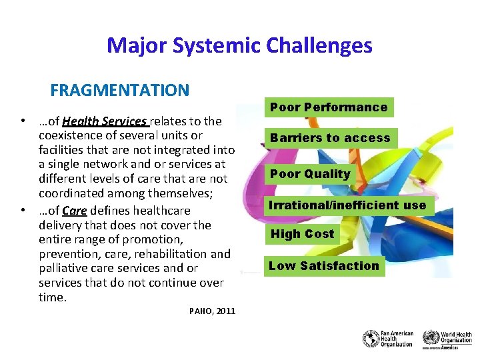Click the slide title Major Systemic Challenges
click(x=239, y=45)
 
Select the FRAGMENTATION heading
click(x=120, y=90)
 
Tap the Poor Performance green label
click(x=329, y=107)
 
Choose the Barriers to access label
click(x=330, y=138)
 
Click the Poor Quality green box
click(x=309, y=174)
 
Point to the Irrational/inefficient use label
click(x=347, y=205)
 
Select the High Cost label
click(x=302, y=234)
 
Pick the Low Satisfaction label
click(x=324, y=266)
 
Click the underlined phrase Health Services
click(x=105, y=121)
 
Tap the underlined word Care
click(x=75, y=211)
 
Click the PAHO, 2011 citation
click(x=212, y=311)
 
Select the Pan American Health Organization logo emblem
click(x=371, y=339)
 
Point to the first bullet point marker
click(x=23, y=121)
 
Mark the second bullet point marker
click(x=23, y=211)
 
